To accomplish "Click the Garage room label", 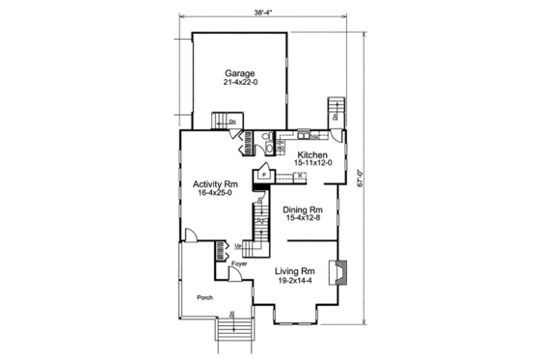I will (240, 72).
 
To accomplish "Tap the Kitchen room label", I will (312, 154).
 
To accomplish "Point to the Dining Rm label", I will (302, 208).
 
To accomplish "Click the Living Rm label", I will (295, 270).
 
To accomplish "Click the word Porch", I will (204, 297).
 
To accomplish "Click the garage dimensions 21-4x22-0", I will (240, 83).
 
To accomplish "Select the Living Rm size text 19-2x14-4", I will (295, 281).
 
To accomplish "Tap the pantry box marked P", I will (262, 176).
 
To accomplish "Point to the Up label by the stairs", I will (238, 246).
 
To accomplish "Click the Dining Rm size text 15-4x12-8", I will (302, 219).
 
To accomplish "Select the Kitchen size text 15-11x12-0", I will (313, 163).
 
